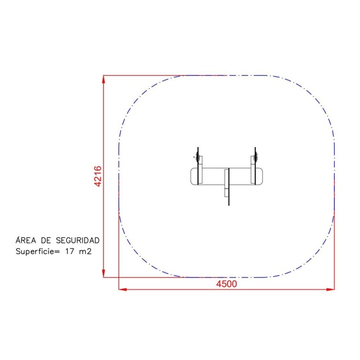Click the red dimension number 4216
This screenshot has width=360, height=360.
click(x=98, y=176)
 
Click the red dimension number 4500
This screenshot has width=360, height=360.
click(x=226, y=284)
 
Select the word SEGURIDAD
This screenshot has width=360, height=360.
click(x=77, y=240)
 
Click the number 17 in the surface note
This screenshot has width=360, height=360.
click(x=70, y=252)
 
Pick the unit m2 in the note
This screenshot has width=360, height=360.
click(x=85, y=252)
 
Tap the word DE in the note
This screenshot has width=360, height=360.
click(x=46, y=240)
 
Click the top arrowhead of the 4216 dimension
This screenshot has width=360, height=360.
click(x=103, y=79)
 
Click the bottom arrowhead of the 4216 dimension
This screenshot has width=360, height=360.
click(x=103, y=274)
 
